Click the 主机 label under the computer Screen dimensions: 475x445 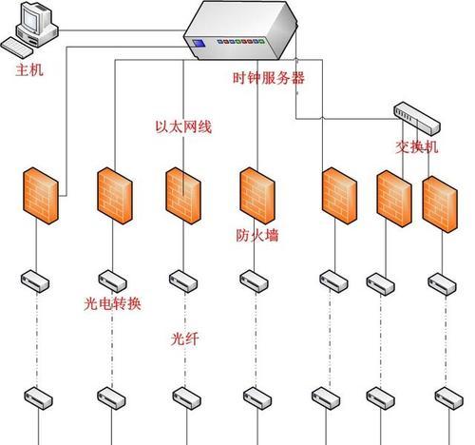pos(29,70)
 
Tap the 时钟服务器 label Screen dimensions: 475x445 pos(269,78)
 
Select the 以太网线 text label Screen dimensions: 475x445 pos(183,126)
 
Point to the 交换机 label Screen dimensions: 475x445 pos(417,146)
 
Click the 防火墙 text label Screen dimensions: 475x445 pos(257,235)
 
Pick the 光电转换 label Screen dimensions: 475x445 pos(112,304)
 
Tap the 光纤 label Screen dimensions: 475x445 pos(185,339)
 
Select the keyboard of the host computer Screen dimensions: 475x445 pos(16,48)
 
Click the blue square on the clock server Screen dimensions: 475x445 pos(199,43)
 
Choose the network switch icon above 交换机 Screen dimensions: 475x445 pos(417,117)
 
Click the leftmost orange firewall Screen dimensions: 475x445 pos(41,196)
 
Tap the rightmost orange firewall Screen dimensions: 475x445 pos(440,204)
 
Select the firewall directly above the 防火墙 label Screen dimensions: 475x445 pos(257,196)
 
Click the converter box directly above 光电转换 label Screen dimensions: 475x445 pos(112,281)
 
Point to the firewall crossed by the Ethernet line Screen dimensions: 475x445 pos(183,196)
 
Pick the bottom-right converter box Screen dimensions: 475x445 pos(449,398)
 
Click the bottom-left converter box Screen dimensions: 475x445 pos(39,398)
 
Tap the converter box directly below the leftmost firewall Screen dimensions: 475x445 pos(35,281)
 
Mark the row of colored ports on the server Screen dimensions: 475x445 pos(240,42)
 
